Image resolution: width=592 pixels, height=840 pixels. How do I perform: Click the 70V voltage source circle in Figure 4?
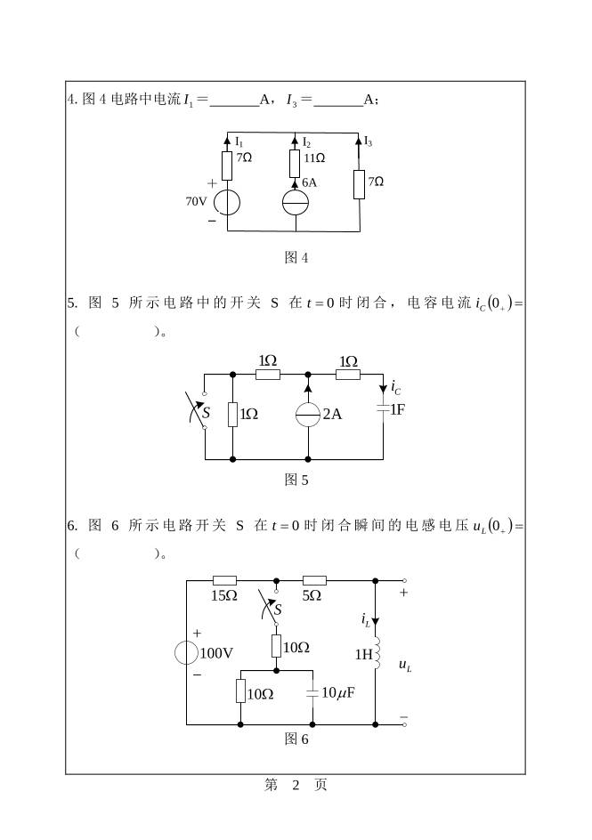click(227, 202)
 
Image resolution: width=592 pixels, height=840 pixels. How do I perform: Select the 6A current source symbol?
click(295, 203)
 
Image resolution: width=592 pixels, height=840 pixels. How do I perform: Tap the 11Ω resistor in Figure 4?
click(295, 164)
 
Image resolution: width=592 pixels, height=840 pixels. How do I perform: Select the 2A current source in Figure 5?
click(308, 414)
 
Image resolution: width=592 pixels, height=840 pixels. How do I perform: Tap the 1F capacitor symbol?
click(383, 409)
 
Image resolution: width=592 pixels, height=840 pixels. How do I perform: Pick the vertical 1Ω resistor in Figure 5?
click(232, 415)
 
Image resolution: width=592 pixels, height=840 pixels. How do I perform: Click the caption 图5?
click(296, 481)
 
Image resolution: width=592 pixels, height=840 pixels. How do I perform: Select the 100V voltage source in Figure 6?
click(187, 652)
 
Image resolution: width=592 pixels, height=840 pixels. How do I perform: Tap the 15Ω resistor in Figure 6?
click(223, 579)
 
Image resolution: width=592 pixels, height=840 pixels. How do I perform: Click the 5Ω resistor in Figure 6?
click(313, 579)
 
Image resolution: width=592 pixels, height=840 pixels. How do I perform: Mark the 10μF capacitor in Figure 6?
click(312, 692)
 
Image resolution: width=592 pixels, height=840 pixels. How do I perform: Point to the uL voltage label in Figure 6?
click(405, 665)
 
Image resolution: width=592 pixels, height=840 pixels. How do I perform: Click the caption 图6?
click(296, 739)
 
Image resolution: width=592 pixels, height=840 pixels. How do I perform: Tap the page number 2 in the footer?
click(296, 785)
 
